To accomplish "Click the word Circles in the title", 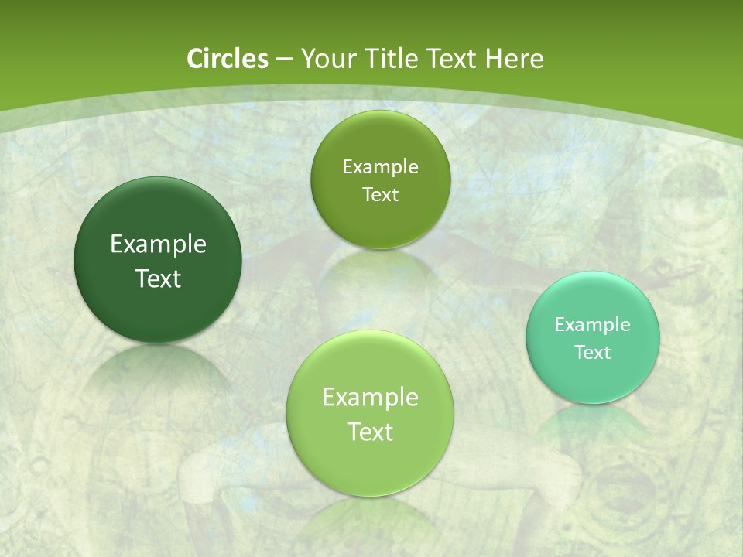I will tap(227, 59).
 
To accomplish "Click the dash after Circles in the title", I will tap(283, 60).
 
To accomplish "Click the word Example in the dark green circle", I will tap(158, 244).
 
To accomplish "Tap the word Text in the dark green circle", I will tap(158, 278).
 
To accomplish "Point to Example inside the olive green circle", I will tap(380, 167).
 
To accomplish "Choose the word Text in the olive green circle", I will tap(380, 195).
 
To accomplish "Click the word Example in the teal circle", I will tap(593, 325).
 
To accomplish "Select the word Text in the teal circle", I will tap(593, 353).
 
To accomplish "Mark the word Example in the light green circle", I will tap(370, 398).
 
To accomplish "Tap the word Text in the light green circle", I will tap(370, 432).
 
